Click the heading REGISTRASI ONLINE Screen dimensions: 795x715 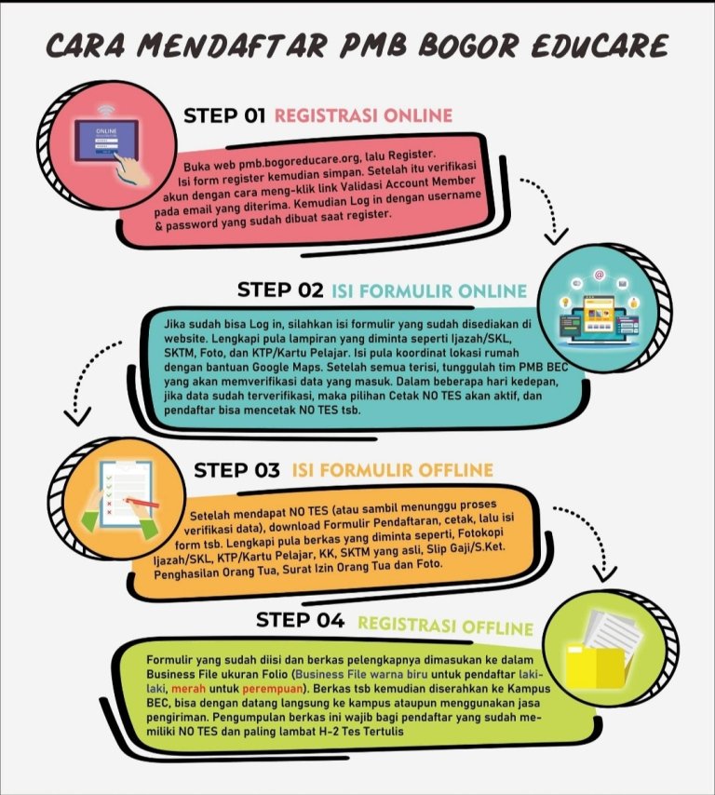(363, 116)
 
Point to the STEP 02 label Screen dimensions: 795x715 (280, 290)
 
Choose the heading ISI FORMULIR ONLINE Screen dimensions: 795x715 (429, 290)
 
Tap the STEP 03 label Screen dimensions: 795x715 (236, 470)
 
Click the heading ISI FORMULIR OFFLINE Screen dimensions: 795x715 (393, 470)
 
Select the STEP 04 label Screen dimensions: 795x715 (300, 620)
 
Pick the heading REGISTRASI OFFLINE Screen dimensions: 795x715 (445, 627)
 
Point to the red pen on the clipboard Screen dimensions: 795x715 (139, 503)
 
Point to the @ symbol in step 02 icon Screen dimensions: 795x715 (600, 276)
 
